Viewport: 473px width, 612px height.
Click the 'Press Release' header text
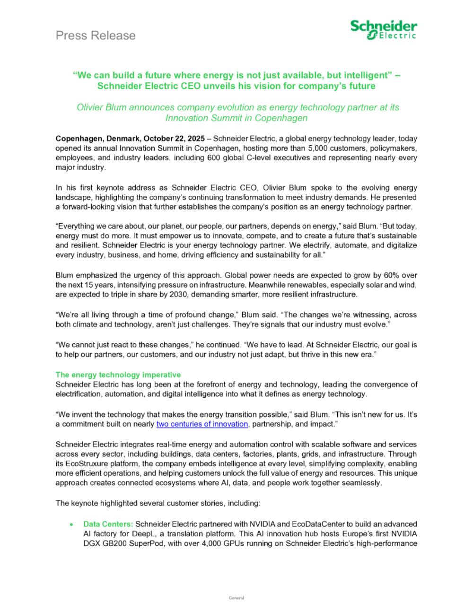point(96,35)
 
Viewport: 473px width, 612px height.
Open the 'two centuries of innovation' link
point(202,424)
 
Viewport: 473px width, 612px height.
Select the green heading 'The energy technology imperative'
point(118,375)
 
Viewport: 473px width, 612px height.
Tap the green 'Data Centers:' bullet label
point(108,524)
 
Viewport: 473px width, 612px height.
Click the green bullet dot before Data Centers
point(71,525)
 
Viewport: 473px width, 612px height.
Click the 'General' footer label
point(236,598)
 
